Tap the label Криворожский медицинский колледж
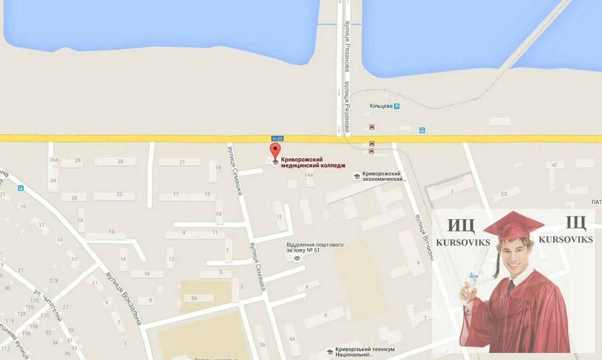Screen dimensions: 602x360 [313, 162]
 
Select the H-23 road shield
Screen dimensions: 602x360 [277, 138]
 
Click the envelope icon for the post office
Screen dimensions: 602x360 [297, 258]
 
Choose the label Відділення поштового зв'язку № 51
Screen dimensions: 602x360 [315, 248]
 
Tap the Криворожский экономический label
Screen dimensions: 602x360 [384, 176]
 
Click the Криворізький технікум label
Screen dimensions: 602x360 [364, 352]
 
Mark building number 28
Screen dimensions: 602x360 [120, 161]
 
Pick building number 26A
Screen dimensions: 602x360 [54, 160]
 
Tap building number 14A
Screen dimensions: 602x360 [309, 175]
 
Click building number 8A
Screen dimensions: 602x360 [194, 298]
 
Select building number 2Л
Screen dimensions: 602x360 [504, 194]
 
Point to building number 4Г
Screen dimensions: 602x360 [555, 165]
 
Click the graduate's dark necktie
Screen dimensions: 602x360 [511, 287]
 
